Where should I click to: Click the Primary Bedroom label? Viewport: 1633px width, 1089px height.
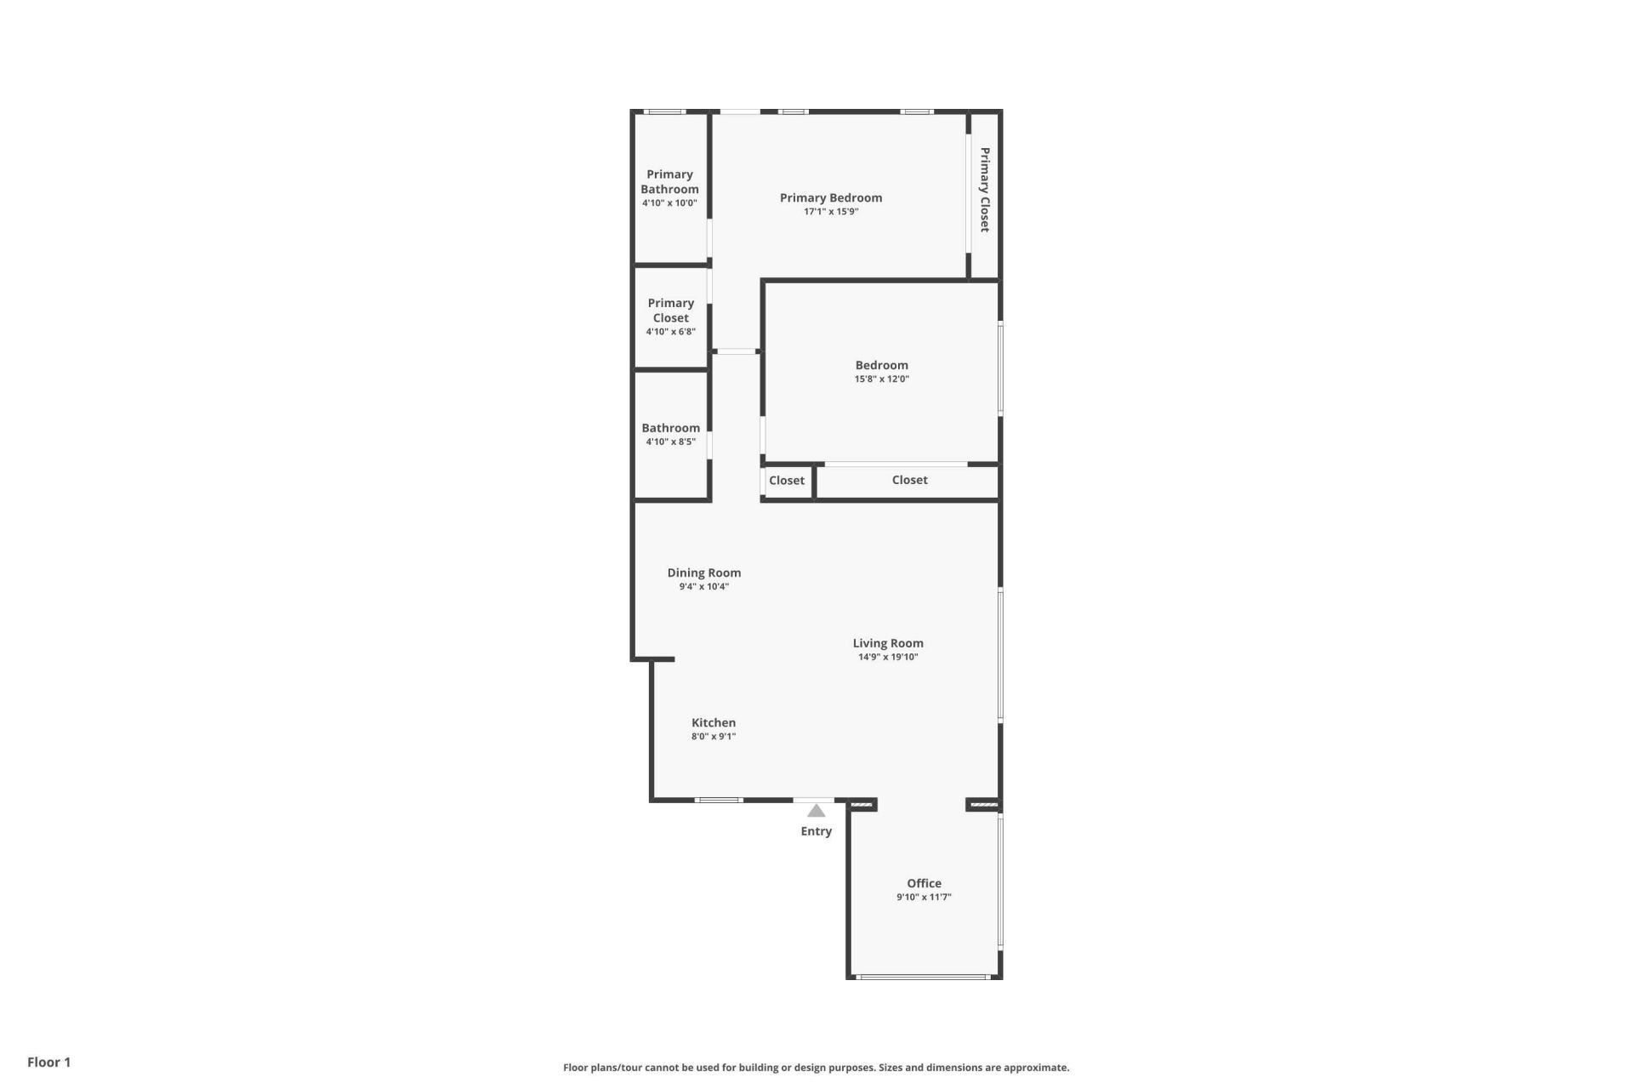[x=831, y=198]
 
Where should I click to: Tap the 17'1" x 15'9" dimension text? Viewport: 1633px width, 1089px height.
[x=831, y=212]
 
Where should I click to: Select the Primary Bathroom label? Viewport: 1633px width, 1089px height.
[x=669, y=182]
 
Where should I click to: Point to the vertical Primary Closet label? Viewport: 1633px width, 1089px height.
[x=985, y=190]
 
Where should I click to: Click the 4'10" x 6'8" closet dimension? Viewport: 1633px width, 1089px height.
[x=670, y=332]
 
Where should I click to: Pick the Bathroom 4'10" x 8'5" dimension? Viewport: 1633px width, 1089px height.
[x=670, y=442]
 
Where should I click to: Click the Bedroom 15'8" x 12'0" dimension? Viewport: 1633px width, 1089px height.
[x=881, y=379]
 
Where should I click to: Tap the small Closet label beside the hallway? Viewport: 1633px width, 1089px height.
[x=787, y=481]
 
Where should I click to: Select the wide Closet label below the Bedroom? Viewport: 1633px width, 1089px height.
[x=909, y=480]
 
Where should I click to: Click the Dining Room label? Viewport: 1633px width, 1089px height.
[x=703, y=573]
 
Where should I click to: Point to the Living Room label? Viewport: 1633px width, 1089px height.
[x=888, y=643]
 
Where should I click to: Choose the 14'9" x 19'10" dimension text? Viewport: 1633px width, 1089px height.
[x=888, y=657]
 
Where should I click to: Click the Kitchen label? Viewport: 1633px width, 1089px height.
[x=713, y=722]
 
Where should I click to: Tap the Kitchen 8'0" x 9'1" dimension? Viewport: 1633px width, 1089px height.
[x=713, y=737]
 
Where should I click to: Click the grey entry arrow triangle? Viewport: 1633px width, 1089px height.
[x=816, y=811]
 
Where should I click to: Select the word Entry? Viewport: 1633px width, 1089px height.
[x=816, y=831]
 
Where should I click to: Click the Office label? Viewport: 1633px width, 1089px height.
[x=924, y=883]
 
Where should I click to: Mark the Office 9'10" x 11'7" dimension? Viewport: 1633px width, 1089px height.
[x=924, y=897]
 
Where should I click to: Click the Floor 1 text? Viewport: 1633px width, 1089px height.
[x=48, y=1062]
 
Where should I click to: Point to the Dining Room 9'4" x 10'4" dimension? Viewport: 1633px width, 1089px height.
[x=703, y=587]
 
